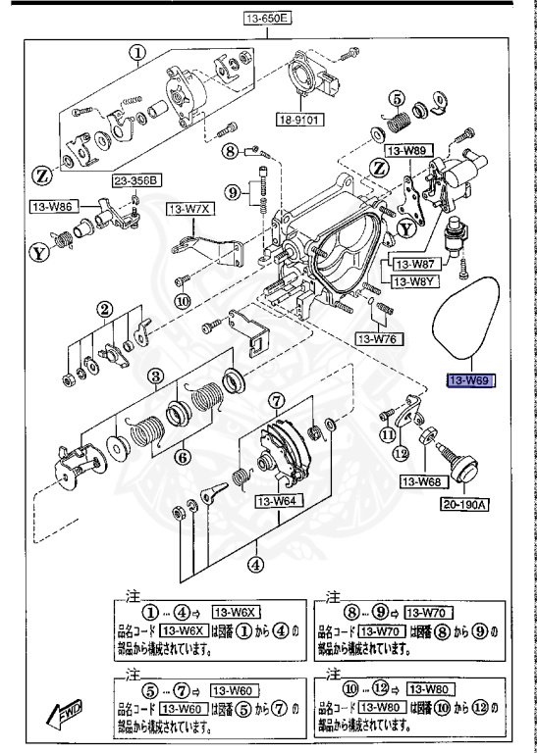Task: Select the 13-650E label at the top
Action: [x=268, y=18]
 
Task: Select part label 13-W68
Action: [x=421, y=481]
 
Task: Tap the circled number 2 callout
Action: [x=102, y=311]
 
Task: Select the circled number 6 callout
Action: [x=183, y=457]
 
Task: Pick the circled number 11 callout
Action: [x=388, y=433]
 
